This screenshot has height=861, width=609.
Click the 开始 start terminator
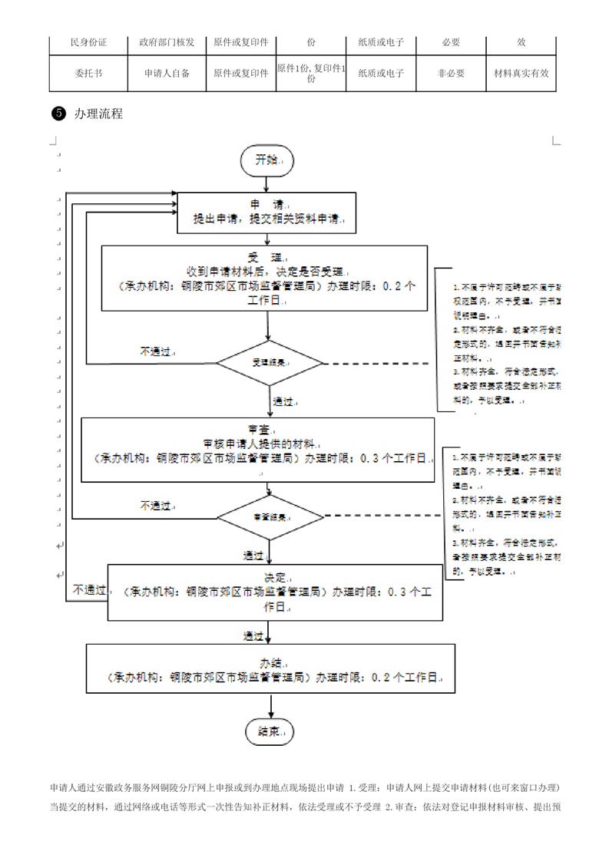point(266,160)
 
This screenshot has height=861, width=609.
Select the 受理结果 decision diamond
point(270,362)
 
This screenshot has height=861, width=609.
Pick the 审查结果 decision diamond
point(270,517)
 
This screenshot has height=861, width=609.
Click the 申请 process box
point(266,211)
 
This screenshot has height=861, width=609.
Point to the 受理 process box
point(266,279)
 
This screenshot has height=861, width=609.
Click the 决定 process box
point(275,592)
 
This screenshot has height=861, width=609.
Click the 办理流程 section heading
point(98,114)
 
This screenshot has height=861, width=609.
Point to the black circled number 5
point(56,114)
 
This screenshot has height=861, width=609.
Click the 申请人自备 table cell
point(167,74)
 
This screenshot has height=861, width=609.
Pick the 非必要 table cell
point(451,74)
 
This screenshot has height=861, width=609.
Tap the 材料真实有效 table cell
point(521,74)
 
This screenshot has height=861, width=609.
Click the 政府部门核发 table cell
point(167,41)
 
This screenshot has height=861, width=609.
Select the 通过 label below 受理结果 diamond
point(283,401)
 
